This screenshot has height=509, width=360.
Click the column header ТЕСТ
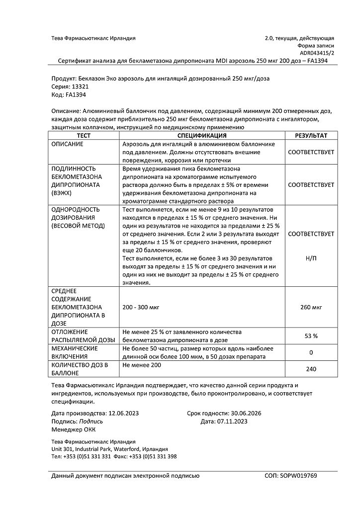pos(83,136)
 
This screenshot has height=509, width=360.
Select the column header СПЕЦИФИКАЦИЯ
pos(202,136)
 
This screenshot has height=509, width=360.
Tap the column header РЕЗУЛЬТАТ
pos(311,136)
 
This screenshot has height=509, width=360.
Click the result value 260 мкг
pos(311,307)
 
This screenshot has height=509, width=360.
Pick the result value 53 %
pos(311,336)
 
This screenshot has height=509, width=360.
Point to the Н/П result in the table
pos(311,259)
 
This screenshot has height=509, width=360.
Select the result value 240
pos(311,369)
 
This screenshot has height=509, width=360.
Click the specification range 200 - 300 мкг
pos(141,307)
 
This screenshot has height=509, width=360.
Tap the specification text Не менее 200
pos(142,365)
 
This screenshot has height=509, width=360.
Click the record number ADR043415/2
pos(317,52)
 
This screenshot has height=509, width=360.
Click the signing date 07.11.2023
pos(230,421)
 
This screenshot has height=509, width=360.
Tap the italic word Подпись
pos(91,421)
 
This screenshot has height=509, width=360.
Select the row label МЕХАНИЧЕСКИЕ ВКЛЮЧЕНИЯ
pos(75,352)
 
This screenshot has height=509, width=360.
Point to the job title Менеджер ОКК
pos(74,429)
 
